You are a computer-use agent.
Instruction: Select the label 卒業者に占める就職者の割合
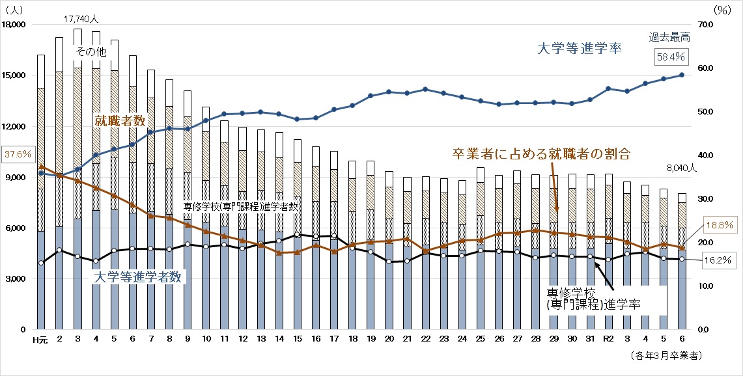point(541,154)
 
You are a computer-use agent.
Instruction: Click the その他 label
point(91,51)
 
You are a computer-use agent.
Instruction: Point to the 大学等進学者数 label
point(139,276)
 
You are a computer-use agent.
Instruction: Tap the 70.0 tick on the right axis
point(706,25)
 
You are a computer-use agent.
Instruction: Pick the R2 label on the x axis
point(609,339)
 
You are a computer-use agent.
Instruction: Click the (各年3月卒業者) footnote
point(666,356)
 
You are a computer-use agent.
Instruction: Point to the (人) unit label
point(14,9)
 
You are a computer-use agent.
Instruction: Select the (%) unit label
point(722,9)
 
